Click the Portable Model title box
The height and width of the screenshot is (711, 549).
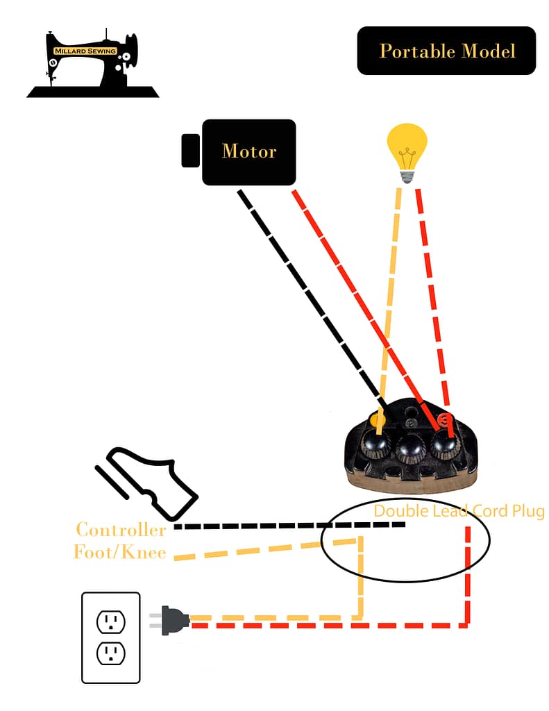pyautogui.click(x=446, y=51)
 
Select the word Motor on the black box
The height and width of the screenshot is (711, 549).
pyautogui.click(x=249, y=151)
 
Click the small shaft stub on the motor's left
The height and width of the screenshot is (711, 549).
pyautogui.click(x=191, y=151)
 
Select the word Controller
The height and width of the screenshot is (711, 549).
pyautogui.click(x=121, y=530)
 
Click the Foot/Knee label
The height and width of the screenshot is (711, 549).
pyautogui.click(x=119, y=553)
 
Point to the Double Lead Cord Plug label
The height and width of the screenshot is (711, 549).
pyautogui.click(x=459, y=512)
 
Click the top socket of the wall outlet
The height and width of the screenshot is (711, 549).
pyautogui.click(x=111, y=620)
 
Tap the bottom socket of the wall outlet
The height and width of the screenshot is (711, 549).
pyautogui.click(x=111, y=653)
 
